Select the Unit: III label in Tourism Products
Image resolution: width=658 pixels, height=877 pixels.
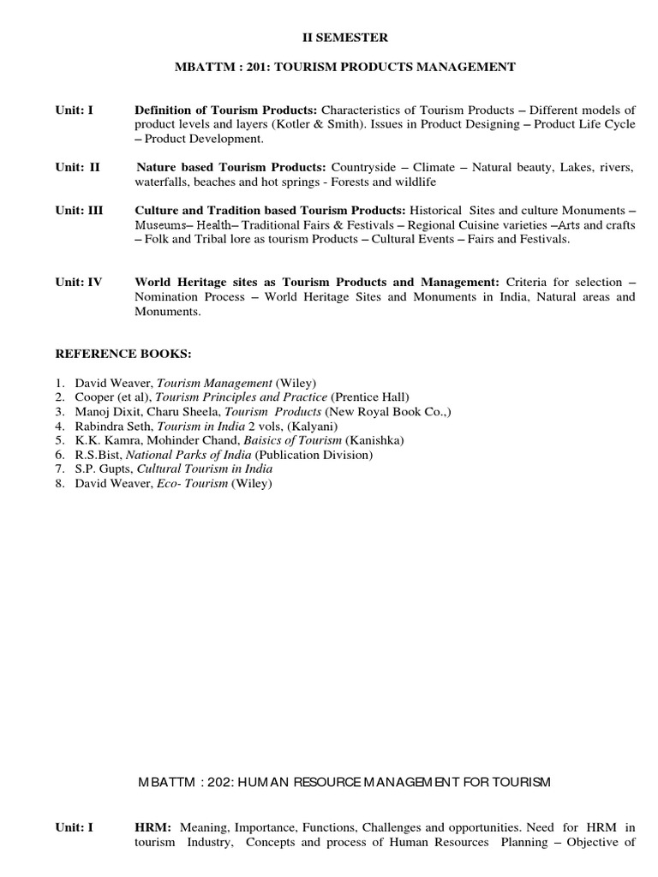pos(80,210)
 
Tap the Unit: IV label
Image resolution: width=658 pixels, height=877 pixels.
pos(79,282)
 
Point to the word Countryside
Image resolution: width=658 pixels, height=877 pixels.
pos(365,167)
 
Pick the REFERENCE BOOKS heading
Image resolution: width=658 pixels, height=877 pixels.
pos(124,353)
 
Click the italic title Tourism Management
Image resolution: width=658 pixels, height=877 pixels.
pos(214,382)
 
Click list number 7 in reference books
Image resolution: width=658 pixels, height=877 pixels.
pos(60,469)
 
